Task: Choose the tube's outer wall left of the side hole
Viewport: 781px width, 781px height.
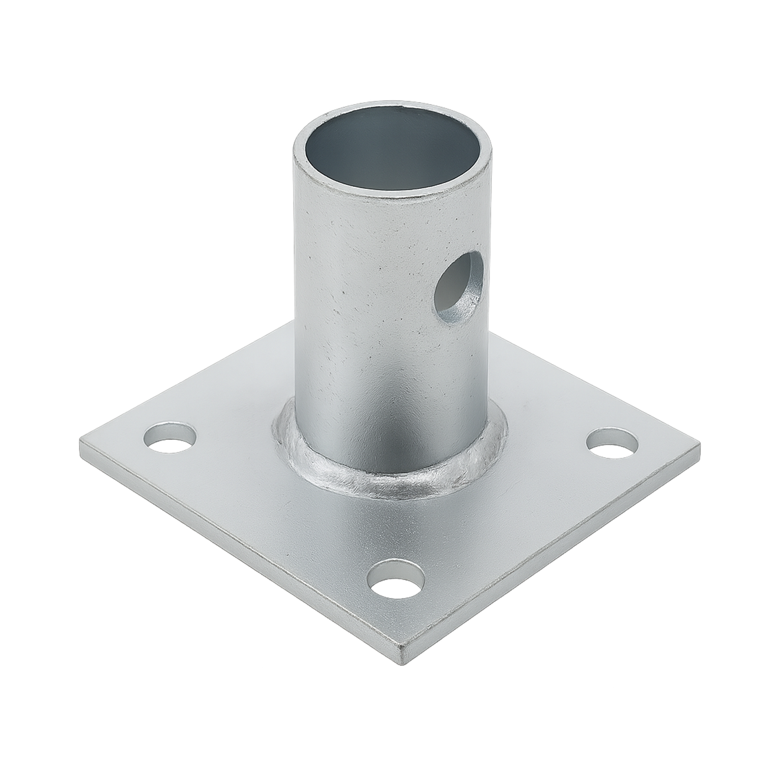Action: pos(364,283)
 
